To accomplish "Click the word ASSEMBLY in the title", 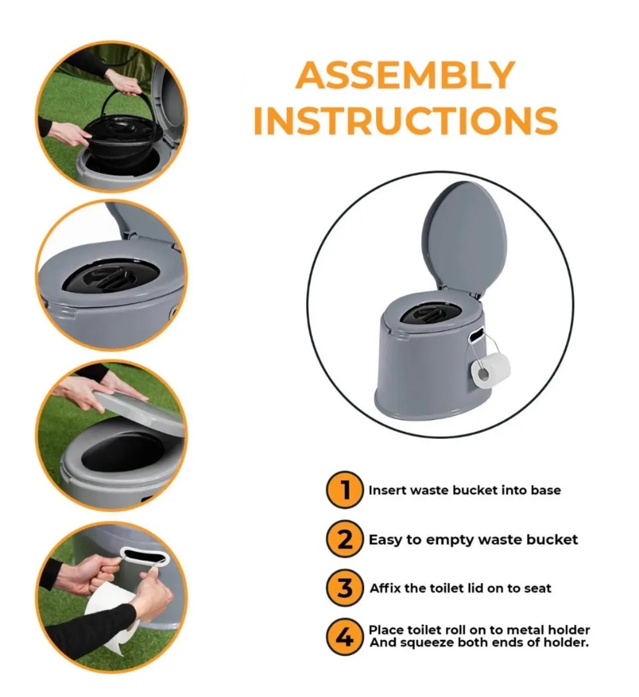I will [x=405, y=75].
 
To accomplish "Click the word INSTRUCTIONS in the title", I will [x=405, y=120].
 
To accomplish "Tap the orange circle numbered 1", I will [x=344, y=490].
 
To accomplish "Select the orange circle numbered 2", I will [x=344, y=540].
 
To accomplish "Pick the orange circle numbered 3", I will [x=344, y=588].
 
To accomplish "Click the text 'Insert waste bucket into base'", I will [x=464, y=490].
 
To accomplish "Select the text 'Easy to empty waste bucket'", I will [x=473, y=540].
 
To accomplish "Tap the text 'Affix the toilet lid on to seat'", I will [x=460, y=588].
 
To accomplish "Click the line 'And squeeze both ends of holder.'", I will [x=479, y=643].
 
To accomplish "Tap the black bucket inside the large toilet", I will [x=430, y=315].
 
